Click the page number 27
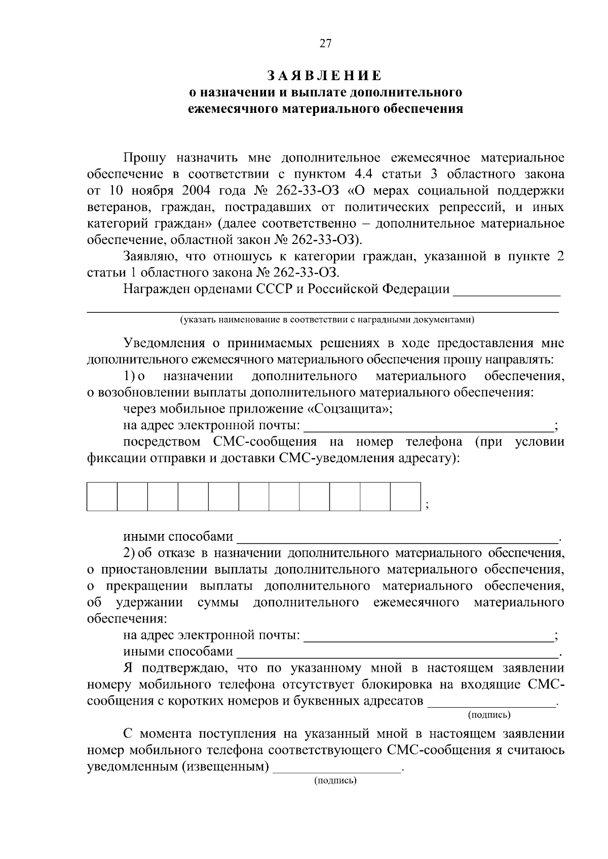coord(325,44)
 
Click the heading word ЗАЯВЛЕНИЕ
coord(325,76)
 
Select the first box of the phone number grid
coord(102,497)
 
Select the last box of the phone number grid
coord(405,497)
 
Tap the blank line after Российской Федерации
coord(507,293)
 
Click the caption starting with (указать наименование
coord(326,319)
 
